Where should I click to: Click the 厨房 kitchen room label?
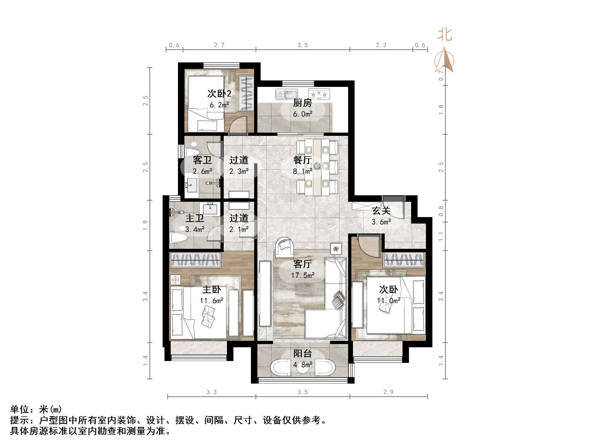point(302,103)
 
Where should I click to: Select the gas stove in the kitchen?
point(319,94)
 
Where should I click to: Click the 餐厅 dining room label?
point(302,160)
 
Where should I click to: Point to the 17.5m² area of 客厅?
point(303,275)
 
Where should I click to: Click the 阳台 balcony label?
point(302,353)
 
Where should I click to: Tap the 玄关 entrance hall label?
point(381,211)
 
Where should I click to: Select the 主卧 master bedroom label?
point(211,289)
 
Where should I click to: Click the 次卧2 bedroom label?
point(219,94)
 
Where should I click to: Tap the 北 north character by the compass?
point(444,35)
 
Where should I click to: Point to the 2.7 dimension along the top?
point(219,45)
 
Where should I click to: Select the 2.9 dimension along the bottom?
point(388,392)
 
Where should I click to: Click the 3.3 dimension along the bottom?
point(211,392)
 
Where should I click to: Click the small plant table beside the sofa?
point(336,249)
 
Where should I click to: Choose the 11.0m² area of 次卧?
point(388,300)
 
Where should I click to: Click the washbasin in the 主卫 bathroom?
point(210,208)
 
